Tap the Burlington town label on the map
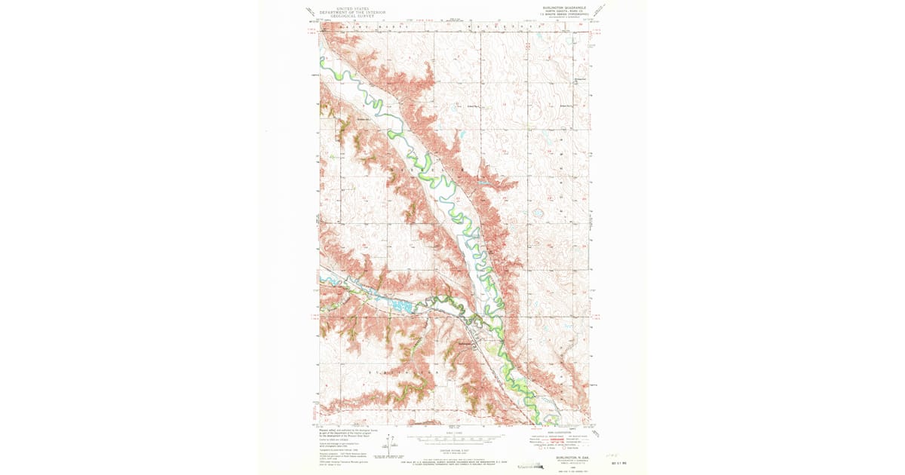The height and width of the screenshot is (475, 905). pos(468,344)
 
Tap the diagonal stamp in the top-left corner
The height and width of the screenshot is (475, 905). pos(311,12)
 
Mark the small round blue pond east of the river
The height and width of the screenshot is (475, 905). pos(538,213)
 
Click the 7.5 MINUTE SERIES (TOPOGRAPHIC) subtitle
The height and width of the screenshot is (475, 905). pos(557,16)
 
